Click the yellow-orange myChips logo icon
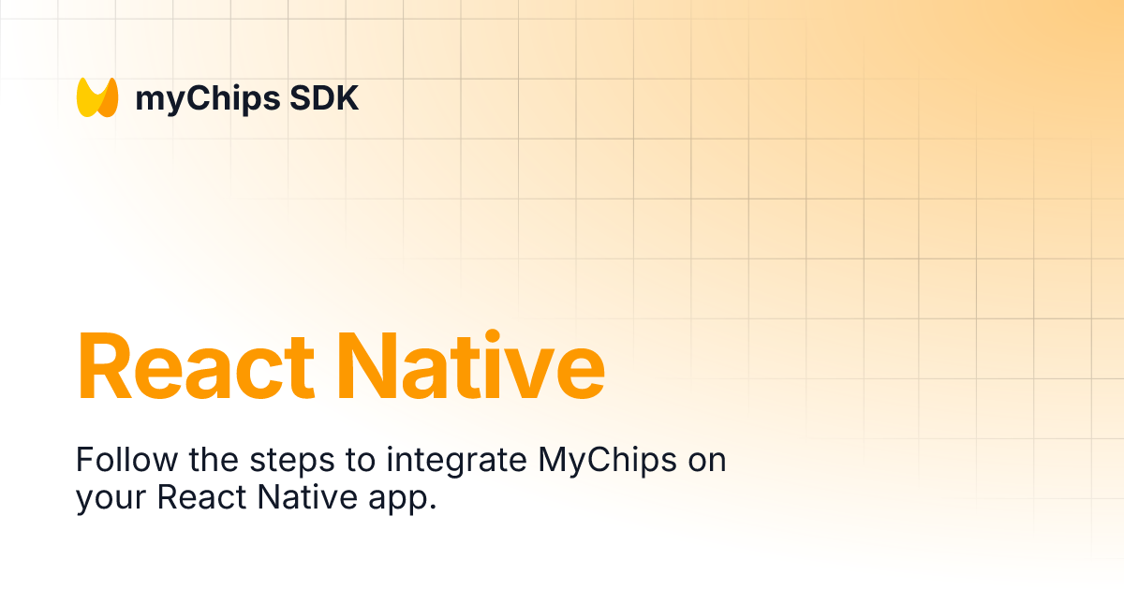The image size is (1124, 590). click(x=97, y=97)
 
